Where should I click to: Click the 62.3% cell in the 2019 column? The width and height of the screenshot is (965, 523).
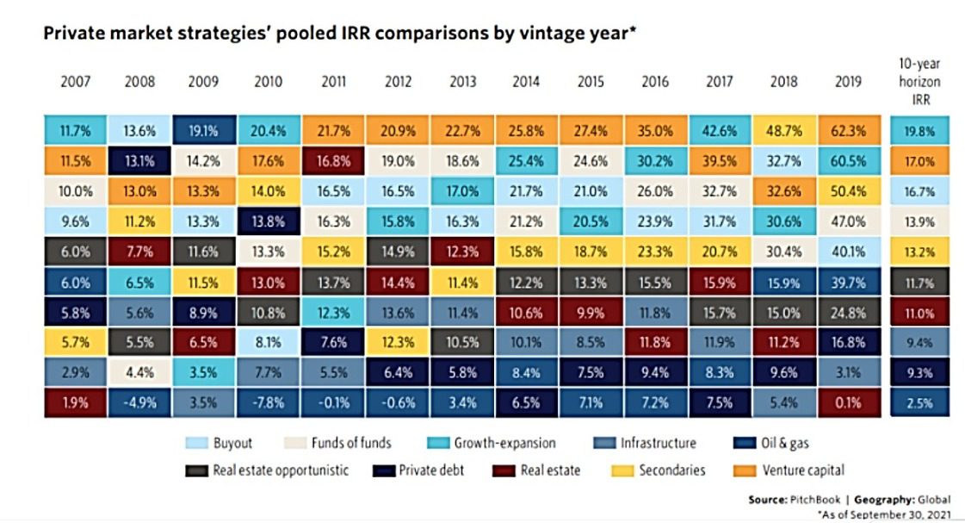(x=848, y=132)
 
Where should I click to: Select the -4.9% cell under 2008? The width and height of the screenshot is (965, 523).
(x=141, y=402)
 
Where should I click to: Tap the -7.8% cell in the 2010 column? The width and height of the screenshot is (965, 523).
(x=269, y=402)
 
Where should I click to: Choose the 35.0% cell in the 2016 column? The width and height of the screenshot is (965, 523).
(x=656, y=132)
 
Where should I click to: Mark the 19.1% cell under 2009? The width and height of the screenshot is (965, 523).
(x=205, y=132)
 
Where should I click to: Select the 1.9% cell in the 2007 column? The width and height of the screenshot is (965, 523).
(x=77, y=402)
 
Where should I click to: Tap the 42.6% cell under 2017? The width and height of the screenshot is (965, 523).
(x=720, y=132)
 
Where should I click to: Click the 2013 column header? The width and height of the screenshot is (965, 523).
(x=463, y=83)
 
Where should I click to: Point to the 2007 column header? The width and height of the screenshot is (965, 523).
(x=77, y=83)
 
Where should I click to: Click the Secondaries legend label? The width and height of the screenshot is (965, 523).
(x=671, y=470)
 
